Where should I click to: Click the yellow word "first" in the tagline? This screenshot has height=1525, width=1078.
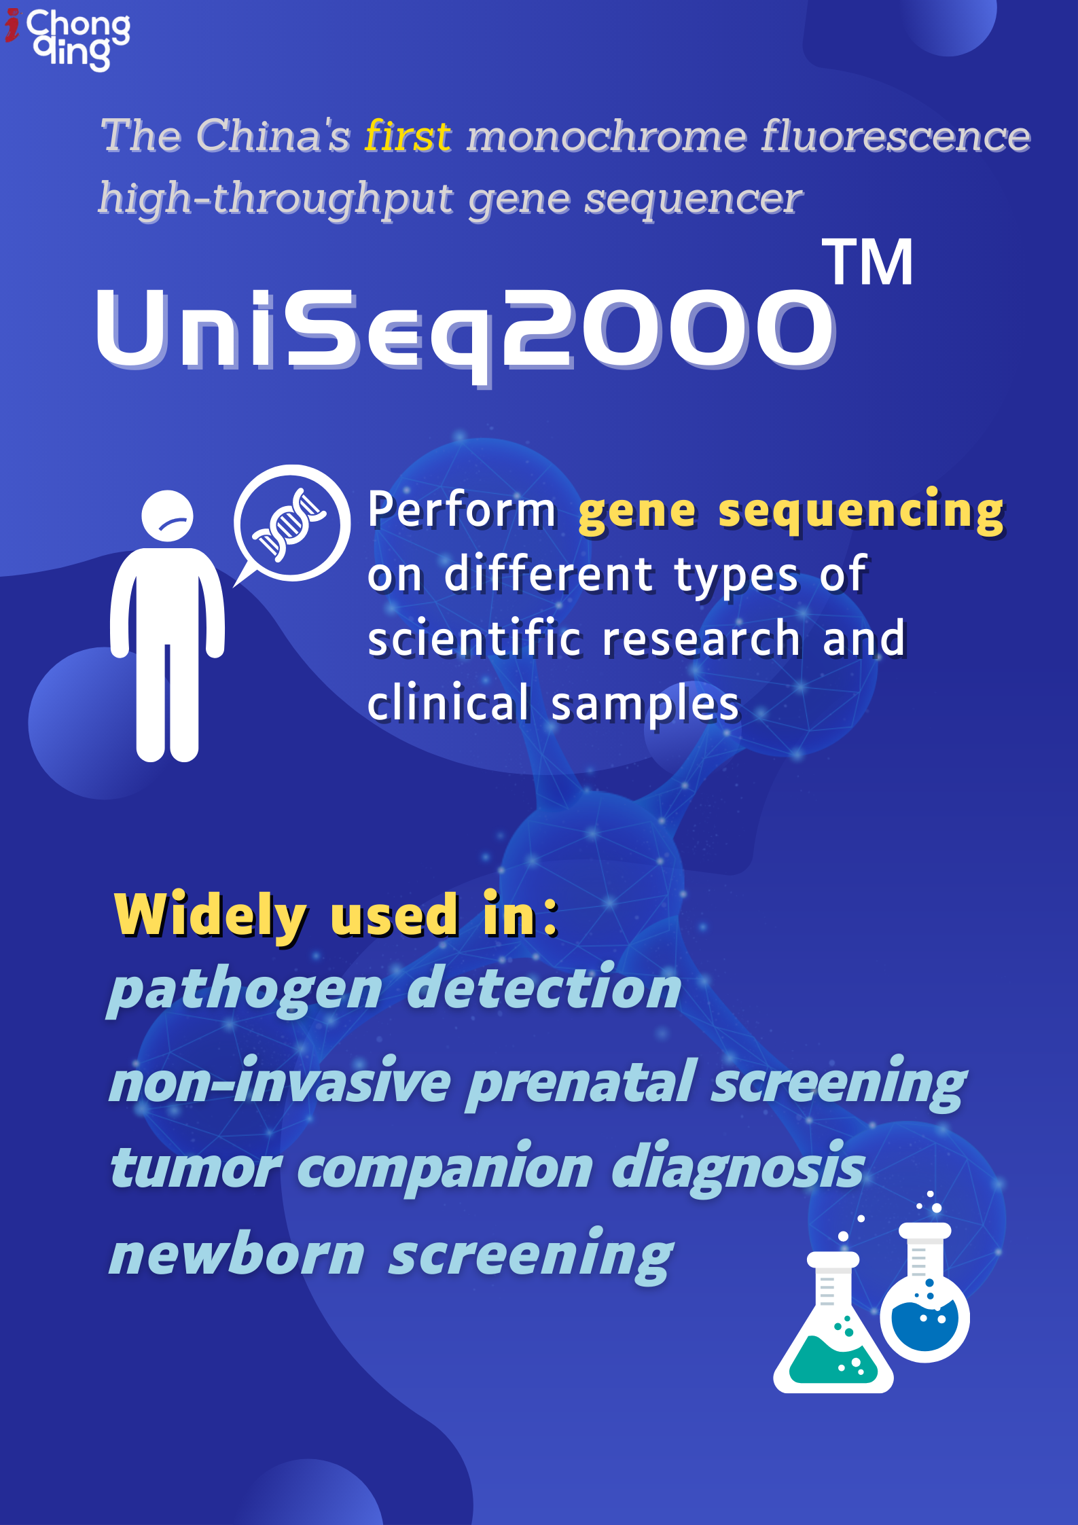408,136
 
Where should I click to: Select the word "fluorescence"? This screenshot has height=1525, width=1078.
895,136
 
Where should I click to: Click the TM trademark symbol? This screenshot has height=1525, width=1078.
867,263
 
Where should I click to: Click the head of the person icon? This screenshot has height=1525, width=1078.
167,516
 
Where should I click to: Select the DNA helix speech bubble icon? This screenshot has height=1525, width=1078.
292,523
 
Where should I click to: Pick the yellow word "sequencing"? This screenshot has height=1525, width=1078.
861,511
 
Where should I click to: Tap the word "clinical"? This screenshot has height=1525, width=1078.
448,703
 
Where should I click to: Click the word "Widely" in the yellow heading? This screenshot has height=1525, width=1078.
211,915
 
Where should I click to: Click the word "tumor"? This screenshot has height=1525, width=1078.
195,1168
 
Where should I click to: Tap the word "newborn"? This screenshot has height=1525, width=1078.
238,1255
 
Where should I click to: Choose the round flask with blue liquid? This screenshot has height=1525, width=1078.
924,1301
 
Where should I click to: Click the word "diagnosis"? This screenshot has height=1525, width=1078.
738,1168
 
